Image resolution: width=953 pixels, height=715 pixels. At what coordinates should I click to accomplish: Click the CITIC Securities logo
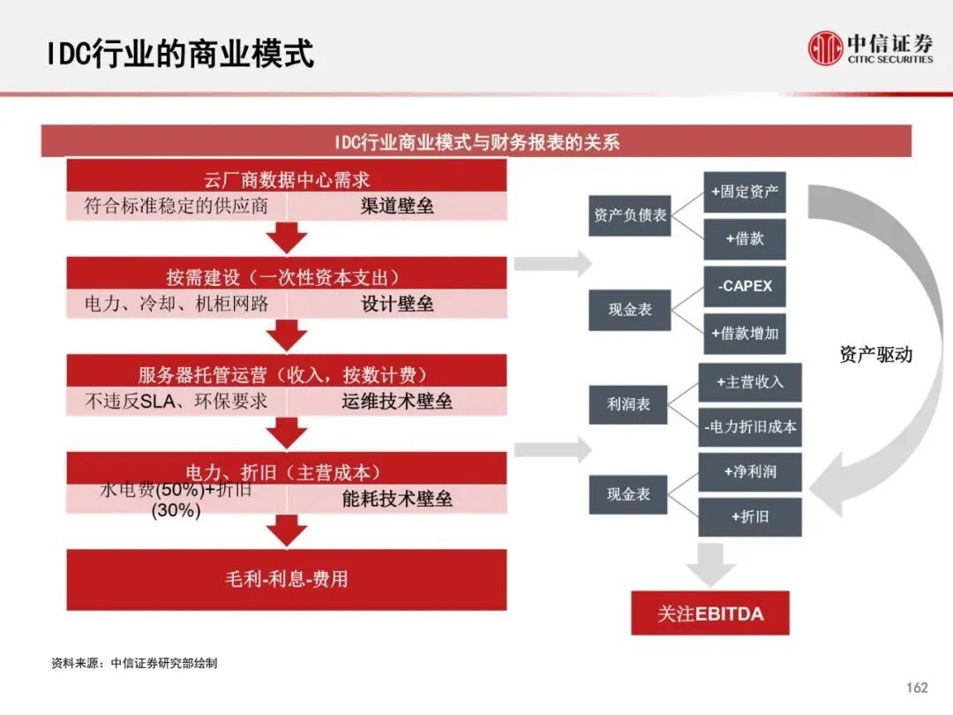(x=870, y=48)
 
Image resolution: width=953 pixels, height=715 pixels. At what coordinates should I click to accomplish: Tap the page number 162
(x=917, y=688)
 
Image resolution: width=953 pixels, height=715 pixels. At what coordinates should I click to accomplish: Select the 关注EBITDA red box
(x=709, y=613)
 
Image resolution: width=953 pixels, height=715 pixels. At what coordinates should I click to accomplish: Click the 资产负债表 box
(x=630, y=215)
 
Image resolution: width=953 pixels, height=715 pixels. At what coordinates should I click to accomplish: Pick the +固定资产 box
(x=744, y=192)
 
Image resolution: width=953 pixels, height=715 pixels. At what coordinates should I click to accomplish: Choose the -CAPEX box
(x=744, y=286)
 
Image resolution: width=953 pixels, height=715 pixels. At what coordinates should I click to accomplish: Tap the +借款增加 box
(x=744, y=334)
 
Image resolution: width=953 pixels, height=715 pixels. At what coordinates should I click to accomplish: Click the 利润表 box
(x=628, y=403)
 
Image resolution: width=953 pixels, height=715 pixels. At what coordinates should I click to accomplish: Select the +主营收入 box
(x=749, y=382)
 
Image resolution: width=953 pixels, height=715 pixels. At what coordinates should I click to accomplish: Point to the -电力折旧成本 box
(x=750, y=427)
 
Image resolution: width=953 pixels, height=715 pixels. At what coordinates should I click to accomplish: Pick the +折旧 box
(x=749, y=517)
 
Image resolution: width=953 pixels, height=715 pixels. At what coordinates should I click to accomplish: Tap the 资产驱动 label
(x=875, y=355)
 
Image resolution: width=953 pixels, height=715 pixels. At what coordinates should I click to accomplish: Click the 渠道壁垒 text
(x=397, y=207)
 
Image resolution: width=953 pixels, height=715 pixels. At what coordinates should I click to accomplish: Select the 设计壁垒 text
(x=397, y=305)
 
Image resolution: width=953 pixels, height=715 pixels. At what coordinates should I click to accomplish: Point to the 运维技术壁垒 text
(x=397, y=402)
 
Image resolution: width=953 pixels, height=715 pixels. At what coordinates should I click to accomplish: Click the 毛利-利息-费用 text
(x=287, y=579)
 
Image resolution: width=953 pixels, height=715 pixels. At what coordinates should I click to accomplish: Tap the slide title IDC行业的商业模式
(x=181, y=54)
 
